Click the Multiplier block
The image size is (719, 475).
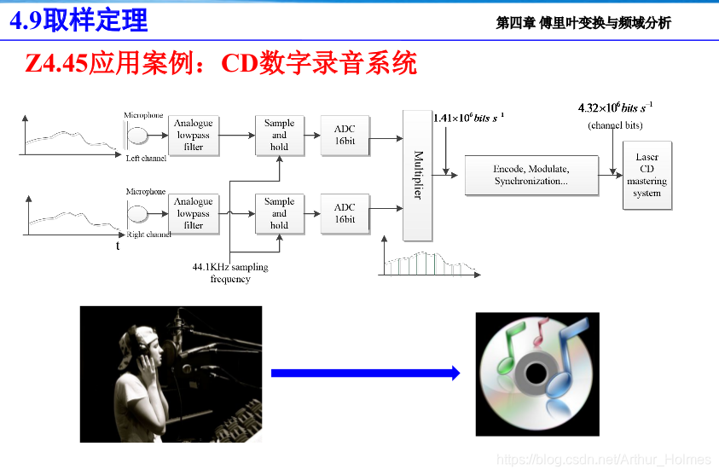418,175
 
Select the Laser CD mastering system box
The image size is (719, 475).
647,176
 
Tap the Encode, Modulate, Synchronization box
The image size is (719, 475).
531,175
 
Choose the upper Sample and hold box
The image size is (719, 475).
279,135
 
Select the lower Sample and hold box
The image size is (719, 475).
279,213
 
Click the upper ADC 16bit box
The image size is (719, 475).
345,135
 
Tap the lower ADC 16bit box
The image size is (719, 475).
345,213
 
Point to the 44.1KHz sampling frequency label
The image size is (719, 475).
230,273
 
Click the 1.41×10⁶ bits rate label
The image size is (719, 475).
468,118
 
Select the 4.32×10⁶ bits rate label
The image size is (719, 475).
615,108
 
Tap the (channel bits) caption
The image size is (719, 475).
615,125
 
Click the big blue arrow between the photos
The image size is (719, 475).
365,373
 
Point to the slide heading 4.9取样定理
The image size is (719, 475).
78,20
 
